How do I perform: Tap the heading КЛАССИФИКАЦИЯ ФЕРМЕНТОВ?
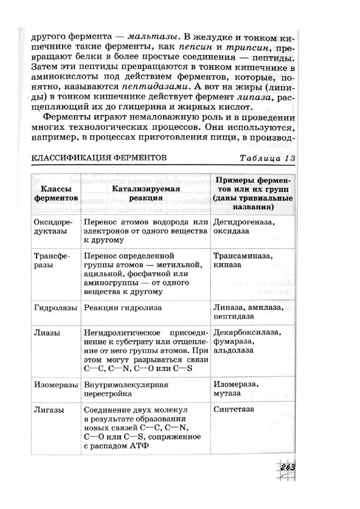99,158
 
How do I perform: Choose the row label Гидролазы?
55,308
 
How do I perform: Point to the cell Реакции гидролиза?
123,308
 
